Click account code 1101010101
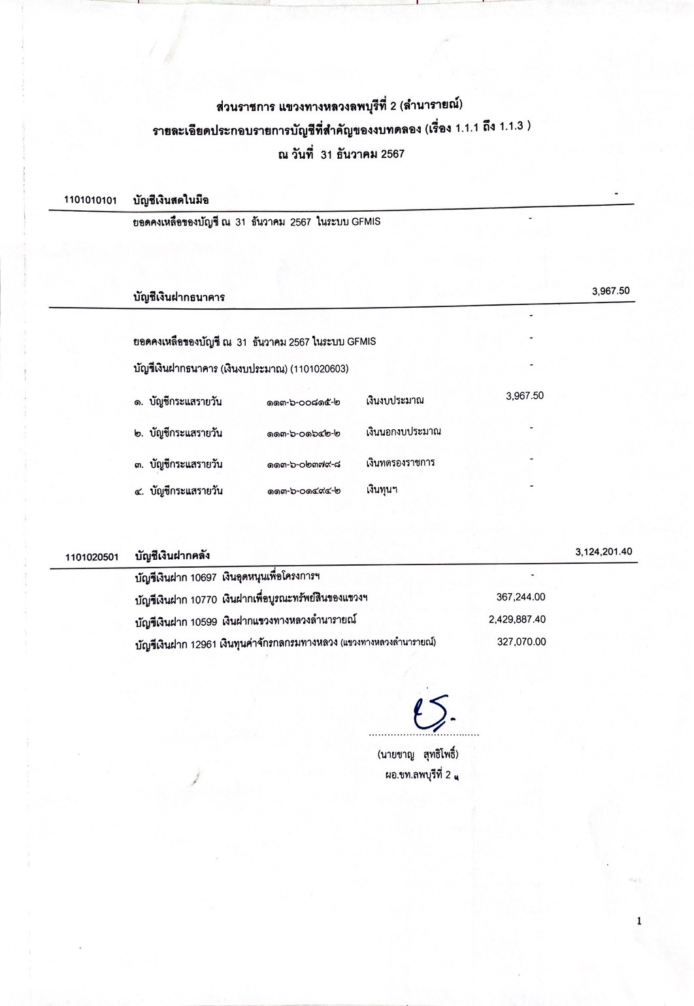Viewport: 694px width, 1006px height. pos(90,200)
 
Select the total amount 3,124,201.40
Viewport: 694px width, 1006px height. pos(603,552)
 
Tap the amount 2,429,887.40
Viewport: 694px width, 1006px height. pos(517,619)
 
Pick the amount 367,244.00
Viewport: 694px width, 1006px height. pos(521,597)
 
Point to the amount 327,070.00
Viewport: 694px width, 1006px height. pos(521,641)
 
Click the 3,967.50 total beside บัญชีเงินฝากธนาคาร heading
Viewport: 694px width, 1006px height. pos(610,291)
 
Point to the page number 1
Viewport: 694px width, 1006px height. pos(639,921)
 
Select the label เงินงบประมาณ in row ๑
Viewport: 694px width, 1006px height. pos(395,400)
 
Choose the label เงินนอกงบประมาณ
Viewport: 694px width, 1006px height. pos(403,431)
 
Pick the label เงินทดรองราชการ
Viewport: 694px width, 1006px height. pos(400,462)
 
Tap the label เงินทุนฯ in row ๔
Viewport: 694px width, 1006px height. pos(382,489)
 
